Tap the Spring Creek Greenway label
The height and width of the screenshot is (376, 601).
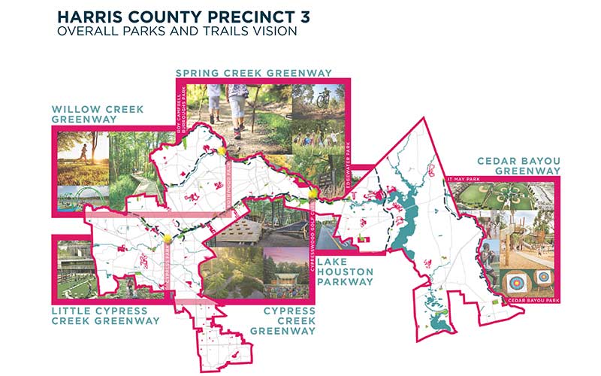[264, 73]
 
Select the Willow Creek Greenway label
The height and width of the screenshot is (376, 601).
[93, 113]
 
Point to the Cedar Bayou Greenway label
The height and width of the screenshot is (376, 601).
[518, 165]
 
